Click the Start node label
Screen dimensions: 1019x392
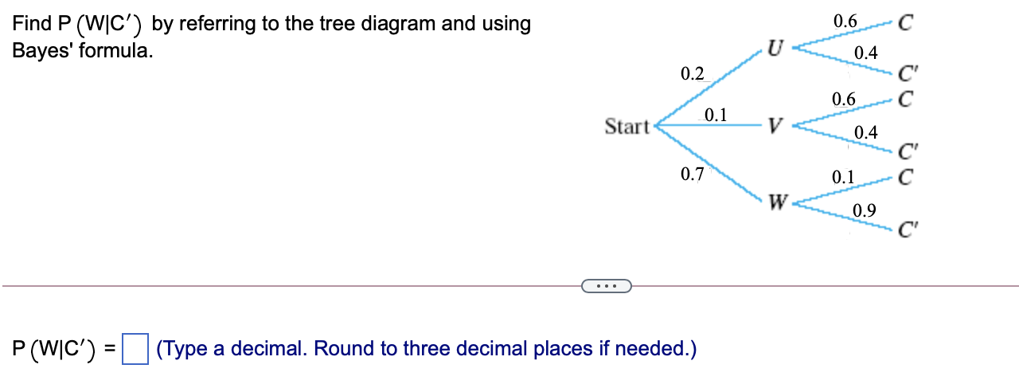[x=627, y=127]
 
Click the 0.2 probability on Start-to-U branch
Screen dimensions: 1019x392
[x=693, y=74]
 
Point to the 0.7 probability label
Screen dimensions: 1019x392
[x=693, y=174]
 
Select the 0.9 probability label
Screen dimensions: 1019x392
[x=865, y=210]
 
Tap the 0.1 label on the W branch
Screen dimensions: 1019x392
[x=843, y=177]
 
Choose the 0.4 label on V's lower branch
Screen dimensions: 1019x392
[x=865, y=131]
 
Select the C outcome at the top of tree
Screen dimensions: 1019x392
[x=904, y=23]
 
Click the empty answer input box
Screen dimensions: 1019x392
[x=135, y=349]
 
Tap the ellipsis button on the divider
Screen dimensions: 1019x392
[x=606, y=285]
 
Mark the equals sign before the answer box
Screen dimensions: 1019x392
[x=110, y=349]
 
